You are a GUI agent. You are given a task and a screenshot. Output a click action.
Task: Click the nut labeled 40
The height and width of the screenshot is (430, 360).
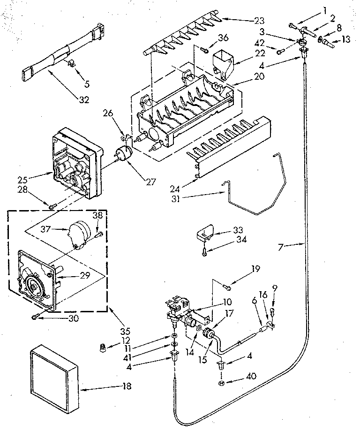(222, 384)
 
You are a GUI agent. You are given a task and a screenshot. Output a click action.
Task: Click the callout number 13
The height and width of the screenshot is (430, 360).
(346, 39)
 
